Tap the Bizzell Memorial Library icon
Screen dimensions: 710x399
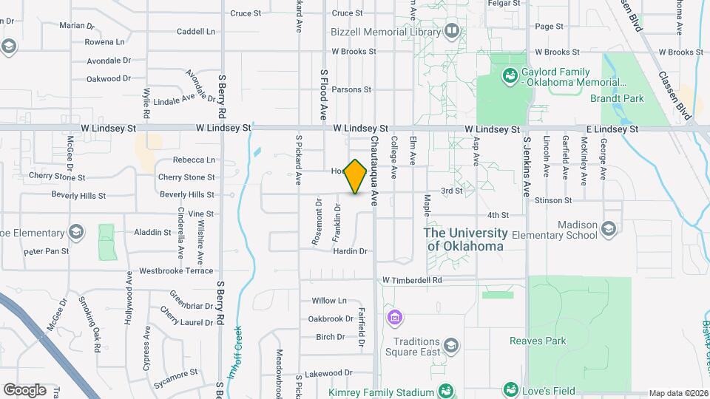click(451, 31)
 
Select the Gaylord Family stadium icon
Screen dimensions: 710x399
click(509, 75)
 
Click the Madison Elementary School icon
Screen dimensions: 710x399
click(609, 228)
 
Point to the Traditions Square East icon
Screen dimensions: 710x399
click(450, 345)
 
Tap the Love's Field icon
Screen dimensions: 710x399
click(510, 389)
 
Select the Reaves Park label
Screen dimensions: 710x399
click(538, 341)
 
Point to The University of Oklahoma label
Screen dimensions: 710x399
click(465, 239)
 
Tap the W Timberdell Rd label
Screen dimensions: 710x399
click(412, 281)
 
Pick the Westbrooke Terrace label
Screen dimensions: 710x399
click(176, 271)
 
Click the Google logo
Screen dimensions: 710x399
click(24, 389)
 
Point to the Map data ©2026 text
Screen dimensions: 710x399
click(677, 393)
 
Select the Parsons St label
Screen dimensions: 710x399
click(351, 89)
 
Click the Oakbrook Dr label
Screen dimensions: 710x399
click(331, 319)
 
